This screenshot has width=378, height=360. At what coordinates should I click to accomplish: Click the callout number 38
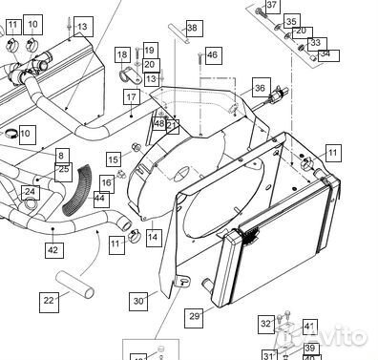pyautogui.click(x=192, y=29)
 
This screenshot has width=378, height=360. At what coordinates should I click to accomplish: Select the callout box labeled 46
pyautogui.click(x=212, y=56)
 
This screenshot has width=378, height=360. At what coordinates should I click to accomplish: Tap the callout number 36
pyautogui.click(x=260, y=89)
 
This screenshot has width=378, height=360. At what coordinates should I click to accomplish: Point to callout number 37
pyautogui.click(x=271, y=6)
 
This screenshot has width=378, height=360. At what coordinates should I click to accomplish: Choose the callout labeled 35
pyautogui.click(x=291, y=21)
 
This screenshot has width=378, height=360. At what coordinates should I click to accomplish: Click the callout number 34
pyautogui.click(x=325, y=53)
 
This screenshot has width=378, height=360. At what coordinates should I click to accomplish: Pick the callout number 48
pyautogui.click(x=158, y=124)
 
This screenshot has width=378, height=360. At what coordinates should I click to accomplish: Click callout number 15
pyautogui.click(x=114, y=159)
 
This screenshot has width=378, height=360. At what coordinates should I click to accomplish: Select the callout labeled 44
pyautogui.click(x=99, y=197)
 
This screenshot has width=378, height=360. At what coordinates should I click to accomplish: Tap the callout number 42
pyautogui.click(x=52, y=249)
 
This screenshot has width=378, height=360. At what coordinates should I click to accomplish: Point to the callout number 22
pyautogui.click(x=49, y=299)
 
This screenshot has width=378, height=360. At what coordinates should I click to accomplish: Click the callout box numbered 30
pyautogui.click(x=139, y=301)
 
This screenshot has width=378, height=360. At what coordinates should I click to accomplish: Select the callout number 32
pyautogui.click(x=265, y=324)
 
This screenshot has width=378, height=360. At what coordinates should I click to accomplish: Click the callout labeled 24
pyautogui.click(x=31, y=192)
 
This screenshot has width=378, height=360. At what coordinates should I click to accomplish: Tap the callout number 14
pyautogui.click(x=153, y=235)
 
